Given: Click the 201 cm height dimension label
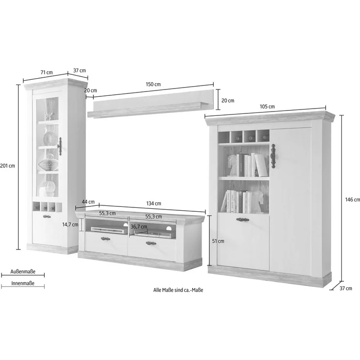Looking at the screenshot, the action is [x=7, y=166].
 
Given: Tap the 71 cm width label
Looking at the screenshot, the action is [x=46, y=72].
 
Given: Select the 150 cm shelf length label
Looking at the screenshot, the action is [x=153, y=85].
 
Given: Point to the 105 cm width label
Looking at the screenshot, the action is [x=267, y=107].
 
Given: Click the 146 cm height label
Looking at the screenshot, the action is [x=353, y=200].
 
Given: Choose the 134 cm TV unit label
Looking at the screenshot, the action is [x=154, y=203].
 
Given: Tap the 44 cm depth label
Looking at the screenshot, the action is [x=88, y=202].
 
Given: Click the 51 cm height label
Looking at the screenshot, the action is [x=218, y=241].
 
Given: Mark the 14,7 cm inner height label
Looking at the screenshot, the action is [x=70, y=225].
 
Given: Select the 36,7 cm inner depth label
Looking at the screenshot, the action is [x=139, y=227].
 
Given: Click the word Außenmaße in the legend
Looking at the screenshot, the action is [x=23, y=271].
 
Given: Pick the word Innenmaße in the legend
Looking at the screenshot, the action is [x=23, y=283].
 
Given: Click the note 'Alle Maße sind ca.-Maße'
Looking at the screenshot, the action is [x=178, y=290].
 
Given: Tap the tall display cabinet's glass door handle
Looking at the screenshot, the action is [x=60, y=146].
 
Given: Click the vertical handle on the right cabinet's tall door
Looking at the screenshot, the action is [x=273, y=156].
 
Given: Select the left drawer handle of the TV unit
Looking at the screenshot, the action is [x=105, y=239].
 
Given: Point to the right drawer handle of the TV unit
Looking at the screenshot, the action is [x=151, y=243].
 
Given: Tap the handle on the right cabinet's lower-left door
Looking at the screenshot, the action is [x=243, y=220].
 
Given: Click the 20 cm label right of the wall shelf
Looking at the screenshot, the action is [x=228, y=101].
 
